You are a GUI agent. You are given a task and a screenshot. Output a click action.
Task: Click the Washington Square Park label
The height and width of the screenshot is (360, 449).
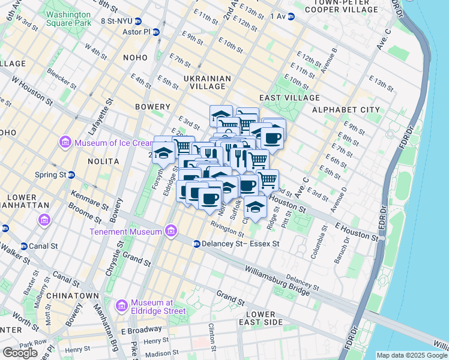point(68,18)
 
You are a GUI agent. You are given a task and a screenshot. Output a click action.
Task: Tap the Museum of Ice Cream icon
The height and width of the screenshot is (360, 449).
point(65,143)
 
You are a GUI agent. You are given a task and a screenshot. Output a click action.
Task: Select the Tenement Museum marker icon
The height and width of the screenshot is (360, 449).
point(171,231)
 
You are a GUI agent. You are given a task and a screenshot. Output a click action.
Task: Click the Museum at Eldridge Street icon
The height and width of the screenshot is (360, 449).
point(122,306)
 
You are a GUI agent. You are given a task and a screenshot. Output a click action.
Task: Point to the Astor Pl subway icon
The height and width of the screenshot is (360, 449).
point(156,32)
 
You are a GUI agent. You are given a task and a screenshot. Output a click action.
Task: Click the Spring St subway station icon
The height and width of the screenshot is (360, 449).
point(71,175)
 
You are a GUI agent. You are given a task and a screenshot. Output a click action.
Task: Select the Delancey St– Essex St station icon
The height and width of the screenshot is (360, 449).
point(196,244)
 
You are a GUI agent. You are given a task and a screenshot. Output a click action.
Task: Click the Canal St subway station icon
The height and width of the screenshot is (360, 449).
point(24,246)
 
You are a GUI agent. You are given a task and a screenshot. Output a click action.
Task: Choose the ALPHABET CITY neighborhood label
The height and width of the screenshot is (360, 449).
point(346,110)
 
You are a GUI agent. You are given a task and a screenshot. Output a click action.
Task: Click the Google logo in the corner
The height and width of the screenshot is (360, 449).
point(20,353)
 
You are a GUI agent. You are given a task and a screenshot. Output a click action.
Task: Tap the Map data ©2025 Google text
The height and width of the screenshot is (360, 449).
point(412,355)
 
